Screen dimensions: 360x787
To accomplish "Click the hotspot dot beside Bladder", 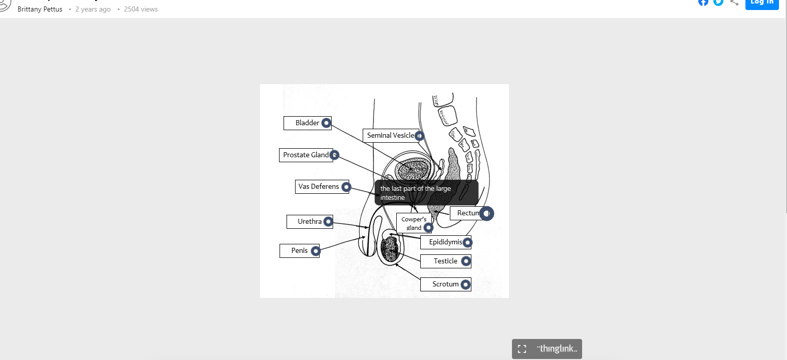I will click(326, 123).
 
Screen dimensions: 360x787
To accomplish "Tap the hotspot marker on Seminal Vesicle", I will click(419, 136).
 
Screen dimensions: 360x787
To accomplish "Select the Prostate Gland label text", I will click(306, 155).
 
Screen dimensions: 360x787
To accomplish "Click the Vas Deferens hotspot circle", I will click(346, 187).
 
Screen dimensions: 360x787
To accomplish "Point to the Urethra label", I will click(310, 221).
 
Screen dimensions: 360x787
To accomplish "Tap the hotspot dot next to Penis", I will click(316, 251).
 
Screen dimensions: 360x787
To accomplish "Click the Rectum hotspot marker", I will click(486, 213).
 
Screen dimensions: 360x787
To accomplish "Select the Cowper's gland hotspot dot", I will click(428, 228).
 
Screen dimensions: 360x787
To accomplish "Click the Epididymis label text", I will click(445, 242).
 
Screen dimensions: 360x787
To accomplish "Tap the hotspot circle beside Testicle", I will click(466, 261).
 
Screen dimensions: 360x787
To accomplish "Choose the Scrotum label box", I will click(445, 284).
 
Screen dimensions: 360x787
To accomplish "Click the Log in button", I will click(761, 3).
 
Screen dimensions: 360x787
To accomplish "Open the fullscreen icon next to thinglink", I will click(522, 349).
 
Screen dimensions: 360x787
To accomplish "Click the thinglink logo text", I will click(557, 348).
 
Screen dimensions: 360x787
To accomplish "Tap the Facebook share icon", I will click(703, 2).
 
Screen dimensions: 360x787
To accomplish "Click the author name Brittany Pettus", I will click(40, 9).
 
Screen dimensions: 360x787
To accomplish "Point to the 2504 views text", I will click(141, 9).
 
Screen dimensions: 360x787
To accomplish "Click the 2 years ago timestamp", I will click(93, 9).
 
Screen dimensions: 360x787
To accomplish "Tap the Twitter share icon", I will click(718, 2).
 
